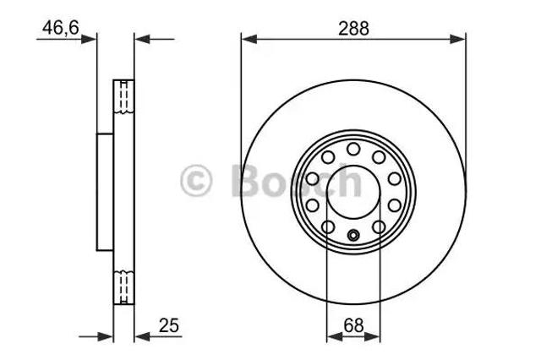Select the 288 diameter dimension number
pyautogui.click(x=353, y=28)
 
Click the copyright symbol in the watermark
pyautogui.click(x=196, y=180)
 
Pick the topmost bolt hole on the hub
pyautogui.click(x=353, y=150)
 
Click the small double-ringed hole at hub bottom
pyautogui.click(x=353, y=234)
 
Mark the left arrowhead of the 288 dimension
pyautogui.click(x=246, y=38)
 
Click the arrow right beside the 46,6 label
pyautogui.click(x=91, y=38)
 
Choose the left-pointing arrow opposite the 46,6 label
pyautogui.click(x=142, y=38)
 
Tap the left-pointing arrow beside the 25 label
pyautogui.click(x=142, y=335)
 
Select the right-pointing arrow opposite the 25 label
pyautogui.click(x=107, y=335)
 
